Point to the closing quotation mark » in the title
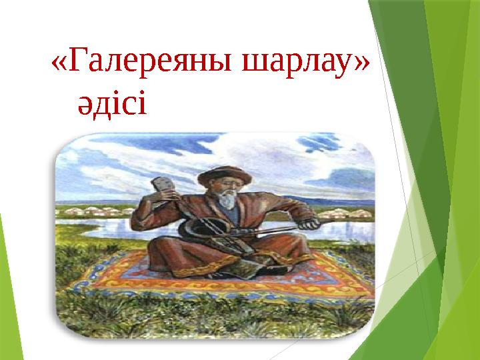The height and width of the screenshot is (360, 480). point(363,64)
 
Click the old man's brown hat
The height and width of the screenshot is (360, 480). point(225,176)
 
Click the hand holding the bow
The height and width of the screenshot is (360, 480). point(309,223)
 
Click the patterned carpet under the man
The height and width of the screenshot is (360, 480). point(221,277)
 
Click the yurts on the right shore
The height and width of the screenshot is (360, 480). point(346,213)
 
